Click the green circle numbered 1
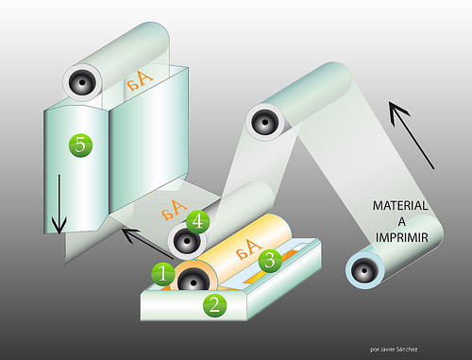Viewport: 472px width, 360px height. [x=163, y=274]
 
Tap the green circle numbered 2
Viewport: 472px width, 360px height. [x=215, y=305]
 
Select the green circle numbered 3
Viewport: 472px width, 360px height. [x=270, y=261]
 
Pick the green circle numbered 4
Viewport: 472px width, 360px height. [x=198, y=222]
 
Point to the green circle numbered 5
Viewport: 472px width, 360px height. [x=80, y=146]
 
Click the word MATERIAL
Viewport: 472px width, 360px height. [x=400, y=206]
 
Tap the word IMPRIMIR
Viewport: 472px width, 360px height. [x=402, y=237]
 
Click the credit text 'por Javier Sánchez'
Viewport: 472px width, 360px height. [x=394, y=350]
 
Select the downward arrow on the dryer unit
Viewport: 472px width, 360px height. [x=59, y=205]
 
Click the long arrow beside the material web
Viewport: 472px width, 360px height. [x=412, y=135]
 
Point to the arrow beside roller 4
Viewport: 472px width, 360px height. [x=147, y=244]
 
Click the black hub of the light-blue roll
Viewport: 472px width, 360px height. [x=364, y=270]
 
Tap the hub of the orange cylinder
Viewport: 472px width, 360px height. [x=193, y=281]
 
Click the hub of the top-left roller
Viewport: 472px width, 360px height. [x=82, y=82]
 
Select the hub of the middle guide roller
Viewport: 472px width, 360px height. [x=265, y=122]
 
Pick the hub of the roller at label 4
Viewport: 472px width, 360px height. [x=187, y=242]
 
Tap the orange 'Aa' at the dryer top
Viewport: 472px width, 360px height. [x=140, y=80]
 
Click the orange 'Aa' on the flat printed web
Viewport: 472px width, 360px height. [x=175, y=209]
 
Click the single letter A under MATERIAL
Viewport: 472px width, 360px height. [x=402, y=222]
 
